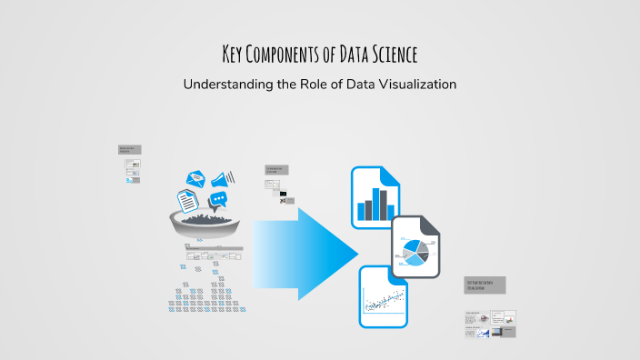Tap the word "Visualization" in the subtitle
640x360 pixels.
point(408,84)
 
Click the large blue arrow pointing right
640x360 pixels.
point(305,247)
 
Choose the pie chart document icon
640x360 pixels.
point(415,246)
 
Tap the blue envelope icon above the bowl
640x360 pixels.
point(197,180)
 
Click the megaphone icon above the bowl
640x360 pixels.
point(224,177)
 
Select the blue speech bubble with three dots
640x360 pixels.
point(217,199)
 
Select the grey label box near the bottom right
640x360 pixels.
point(484,285)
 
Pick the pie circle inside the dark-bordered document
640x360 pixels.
point(414,251)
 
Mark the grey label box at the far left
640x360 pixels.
point(129,149)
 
